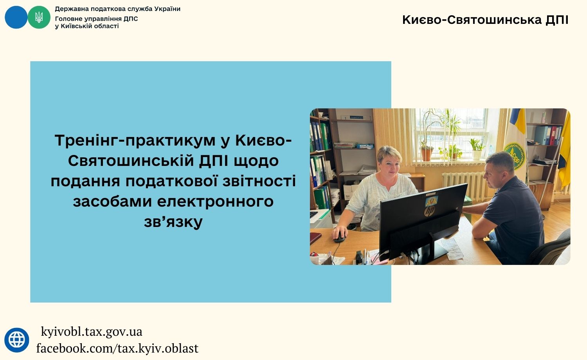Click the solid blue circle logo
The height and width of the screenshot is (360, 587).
click(16, 17)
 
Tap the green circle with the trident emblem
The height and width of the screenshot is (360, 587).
click(39, 17)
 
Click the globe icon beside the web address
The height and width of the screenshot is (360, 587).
click(17, 340)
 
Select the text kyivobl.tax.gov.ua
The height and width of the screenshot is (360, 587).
click(92, 332)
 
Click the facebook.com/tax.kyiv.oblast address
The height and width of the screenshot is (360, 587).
click(117, 349)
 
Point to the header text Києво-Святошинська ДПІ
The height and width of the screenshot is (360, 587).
click(485, 20)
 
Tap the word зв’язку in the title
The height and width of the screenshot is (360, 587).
click(173, 222)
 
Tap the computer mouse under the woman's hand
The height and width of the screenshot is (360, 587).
click(339, 237)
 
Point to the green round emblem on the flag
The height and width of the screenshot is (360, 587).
click(515, 157)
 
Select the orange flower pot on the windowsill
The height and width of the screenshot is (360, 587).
click(427, 155)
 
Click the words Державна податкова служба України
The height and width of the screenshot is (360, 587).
click(118, 9)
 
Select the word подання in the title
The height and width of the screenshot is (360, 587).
click(85, 181)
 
